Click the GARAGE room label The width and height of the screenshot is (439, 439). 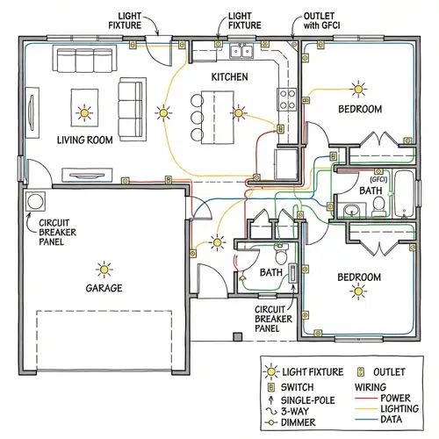tap(104, 288)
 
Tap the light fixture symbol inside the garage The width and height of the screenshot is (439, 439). tap(104, 269)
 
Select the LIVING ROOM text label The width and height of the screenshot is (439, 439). tap(84, 140)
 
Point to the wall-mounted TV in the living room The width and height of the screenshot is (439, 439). tap(32, 108)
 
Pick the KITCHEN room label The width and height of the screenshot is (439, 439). tap(229, 77)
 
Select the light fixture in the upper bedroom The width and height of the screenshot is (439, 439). tap(358, 88)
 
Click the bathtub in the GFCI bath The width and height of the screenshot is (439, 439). tap(407, 193)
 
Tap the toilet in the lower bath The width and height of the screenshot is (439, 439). tap(282, 256)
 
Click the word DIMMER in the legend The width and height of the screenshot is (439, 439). tap(301, 422)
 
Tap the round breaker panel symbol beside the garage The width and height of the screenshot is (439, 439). tap(38, 202)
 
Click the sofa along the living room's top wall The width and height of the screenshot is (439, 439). tap(78, 61)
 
